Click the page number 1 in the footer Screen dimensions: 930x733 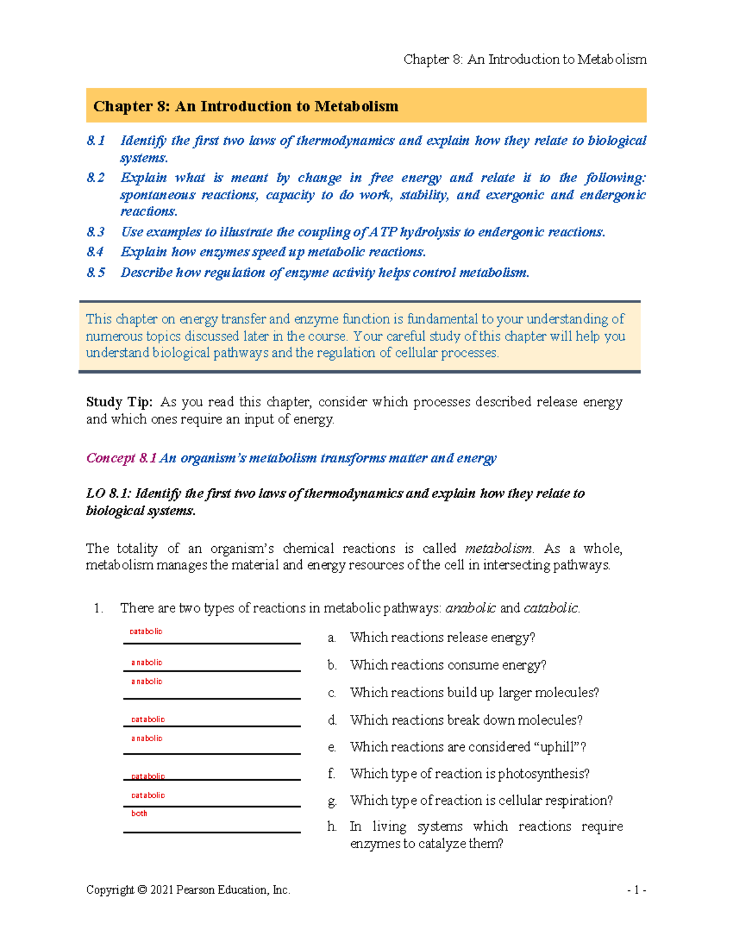(636, 890)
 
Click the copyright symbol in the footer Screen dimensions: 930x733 (142, 890)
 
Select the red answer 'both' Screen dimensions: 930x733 (139, 813)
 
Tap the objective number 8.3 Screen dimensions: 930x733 (95, 232)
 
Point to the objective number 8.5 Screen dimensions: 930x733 (95, 273)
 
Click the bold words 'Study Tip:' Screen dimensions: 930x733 (119, 402)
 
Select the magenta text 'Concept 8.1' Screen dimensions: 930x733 (121, 458)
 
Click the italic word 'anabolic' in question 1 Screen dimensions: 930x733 (470, 608)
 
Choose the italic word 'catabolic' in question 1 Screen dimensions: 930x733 (550, 608)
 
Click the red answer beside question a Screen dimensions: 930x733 (146, 631)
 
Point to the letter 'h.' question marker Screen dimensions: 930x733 (332, 827)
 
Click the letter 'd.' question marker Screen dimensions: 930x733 (332, 720)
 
